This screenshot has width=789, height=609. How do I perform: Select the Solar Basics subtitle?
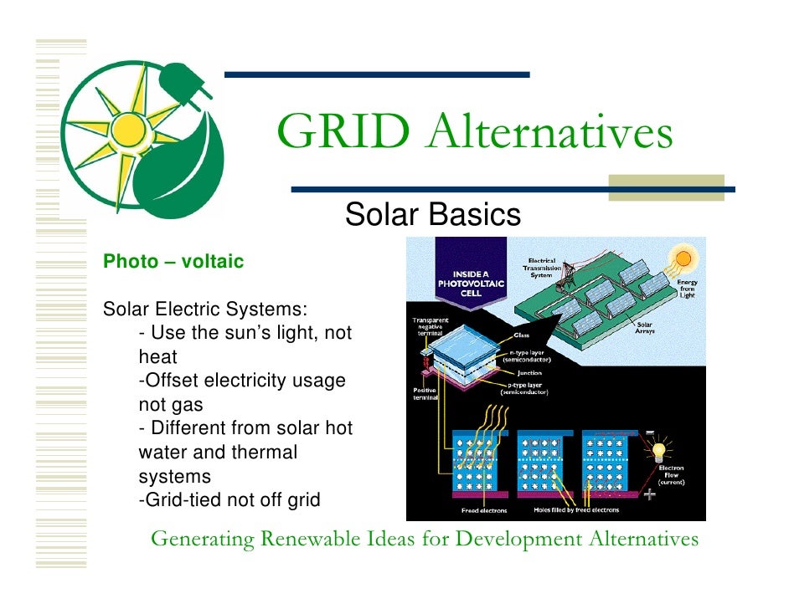click(x=432, y=215)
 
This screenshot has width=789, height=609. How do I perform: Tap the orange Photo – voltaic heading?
click(x=173, y=262)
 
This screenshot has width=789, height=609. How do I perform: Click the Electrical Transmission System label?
click(x=544, y=267)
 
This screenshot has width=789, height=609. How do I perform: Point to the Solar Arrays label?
click(x=646, y=329)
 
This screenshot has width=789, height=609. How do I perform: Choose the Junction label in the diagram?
click(x=529, y=373)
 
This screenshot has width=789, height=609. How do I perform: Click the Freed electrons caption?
click(x=483, y=510)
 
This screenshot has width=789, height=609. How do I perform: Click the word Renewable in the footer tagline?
click(x=312, y=540)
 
